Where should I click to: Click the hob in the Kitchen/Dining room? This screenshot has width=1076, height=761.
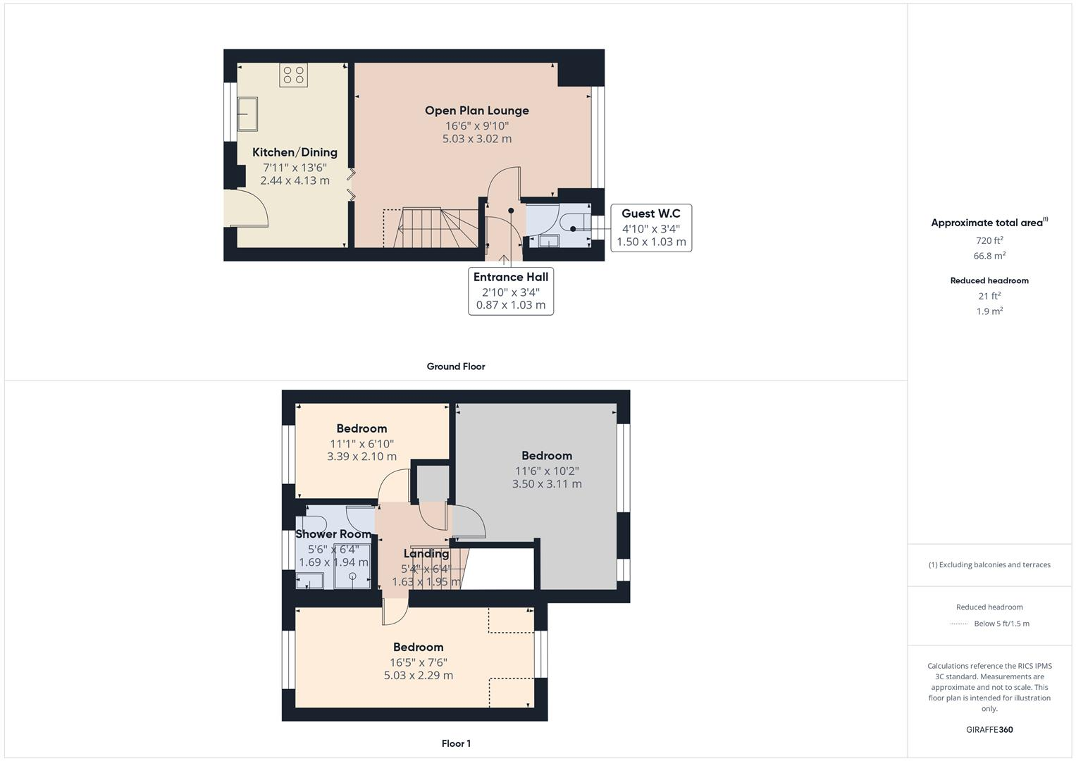[x=293, y=75]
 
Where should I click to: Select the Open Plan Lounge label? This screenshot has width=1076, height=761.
[x=477, y=111]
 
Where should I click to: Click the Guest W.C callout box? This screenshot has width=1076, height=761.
[x=651, y=228]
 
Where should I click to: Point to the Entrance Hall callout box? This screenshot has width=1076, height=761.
[x=511, y=290]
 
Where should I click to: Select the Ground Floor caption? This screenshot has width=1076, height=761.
[x=456, y=366]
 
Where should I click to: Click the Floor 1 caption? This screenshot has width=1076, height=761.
[x=456, y=743]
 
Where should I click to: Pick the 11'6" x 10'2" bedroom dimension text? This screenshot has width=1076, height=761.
[x=547, y=471]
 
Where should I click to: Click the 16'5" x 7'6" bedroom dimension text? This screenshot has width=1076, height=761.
[x=419, y=662]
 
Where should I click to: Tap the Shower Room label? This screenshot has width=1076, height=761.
[x=333, y=534]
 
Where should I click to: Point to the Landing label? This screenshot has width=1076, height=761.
[x=426, y=554]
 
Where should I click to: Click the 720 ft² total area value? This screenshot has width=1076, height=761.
[x=989, y=240]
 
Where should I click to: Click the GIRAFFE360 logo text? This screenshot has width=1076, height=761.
[x=989, y=729]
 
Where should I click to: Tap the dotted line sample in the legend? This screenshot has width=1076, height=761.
[x=959, y=624]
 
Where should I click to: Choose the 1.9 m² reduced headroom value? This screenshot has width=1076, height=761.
[x=989, y=311]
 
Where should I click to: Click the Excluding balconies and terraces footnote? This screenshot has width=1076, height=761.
[x=989, y=564]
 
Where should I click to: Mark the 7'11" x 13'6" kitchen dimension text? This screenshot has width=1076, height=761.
[x=295, y=167]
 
